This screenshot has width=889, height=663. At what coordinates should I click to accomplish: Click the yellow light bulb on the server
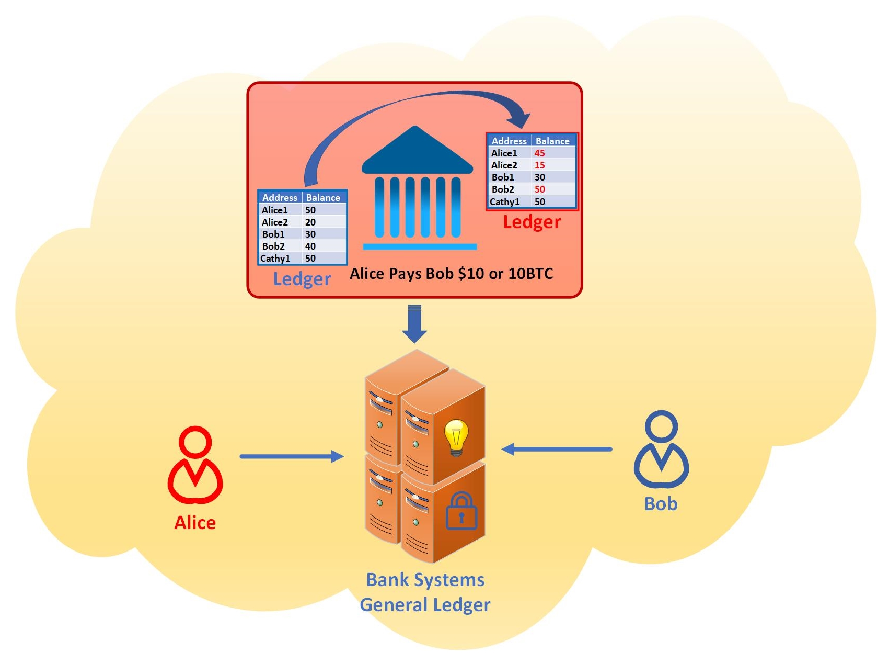pos(456,437)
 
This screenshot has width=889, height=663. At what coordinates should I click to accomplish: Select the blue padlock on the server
pos(461,511)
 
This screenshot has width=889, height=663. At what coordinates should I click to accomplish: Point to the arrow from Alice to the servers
pos(291,456)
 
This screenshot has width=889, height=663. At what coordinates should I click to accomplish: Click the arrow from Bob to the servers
pos(557,449)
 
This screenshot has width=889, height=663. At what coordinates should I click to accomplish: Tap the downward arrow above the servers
pos(414,324)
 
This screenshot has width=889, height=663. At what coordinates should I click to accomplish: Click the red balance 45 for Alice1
pos(539,153)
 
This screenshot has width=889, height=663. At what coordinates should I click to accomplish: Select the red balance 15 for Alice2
pos(539,165)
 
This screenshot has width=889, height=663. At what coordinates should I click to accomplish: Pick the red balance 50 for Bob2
pos(539,189)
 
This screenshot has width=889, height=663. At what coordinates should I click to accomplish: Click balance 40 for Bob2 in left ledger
pos(310,246)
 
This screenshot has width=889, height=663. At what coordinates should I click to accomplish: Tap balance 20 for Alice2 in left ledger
pos(310,222)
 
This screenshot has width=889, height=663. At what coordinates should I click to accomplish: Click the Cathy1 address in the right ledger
pos(505,201)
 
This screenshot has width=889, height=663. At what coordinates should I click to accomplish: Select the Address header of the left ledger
pos(280,197)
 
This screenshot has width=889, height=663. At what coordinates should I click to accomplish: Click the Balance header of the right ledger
pos(552,141)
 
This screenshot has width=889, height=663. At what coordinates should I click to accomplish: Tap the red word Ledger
pos(532,222)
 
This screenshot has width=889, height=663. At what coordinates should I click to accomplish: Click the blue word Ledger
pos(302,279)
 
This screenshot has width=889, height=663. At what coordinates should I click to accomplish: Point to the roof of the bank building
pos(417,152)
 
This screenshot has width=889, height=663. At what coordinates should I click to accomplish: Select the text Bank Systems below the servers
pos(425,580)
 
